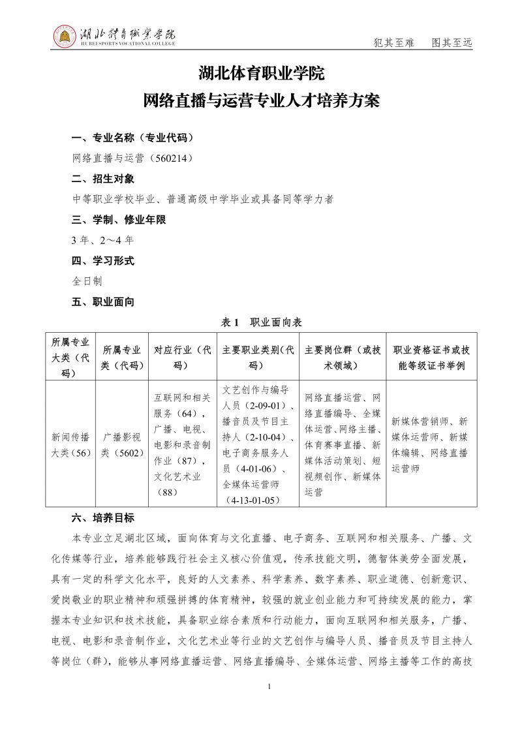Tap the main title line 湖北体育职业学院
(261, 74)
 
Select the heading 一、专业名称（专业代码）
(132, 138)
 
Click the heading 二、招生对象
(103, 179)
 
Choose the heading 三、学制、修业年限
(119, 220)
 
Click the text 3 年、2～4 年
(103, 240)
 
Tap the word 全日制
(87, 281)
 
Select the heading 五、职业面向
(103, 301)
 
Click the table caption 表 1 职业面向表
(261, 322)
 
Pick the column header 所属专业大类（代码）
(70, 357)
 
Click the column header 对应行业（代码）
(182, 357)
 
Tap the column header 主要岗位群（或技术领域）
(343, 357)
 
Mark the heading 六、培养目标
(103, 518)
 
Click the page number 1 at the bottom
(269, 686)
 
